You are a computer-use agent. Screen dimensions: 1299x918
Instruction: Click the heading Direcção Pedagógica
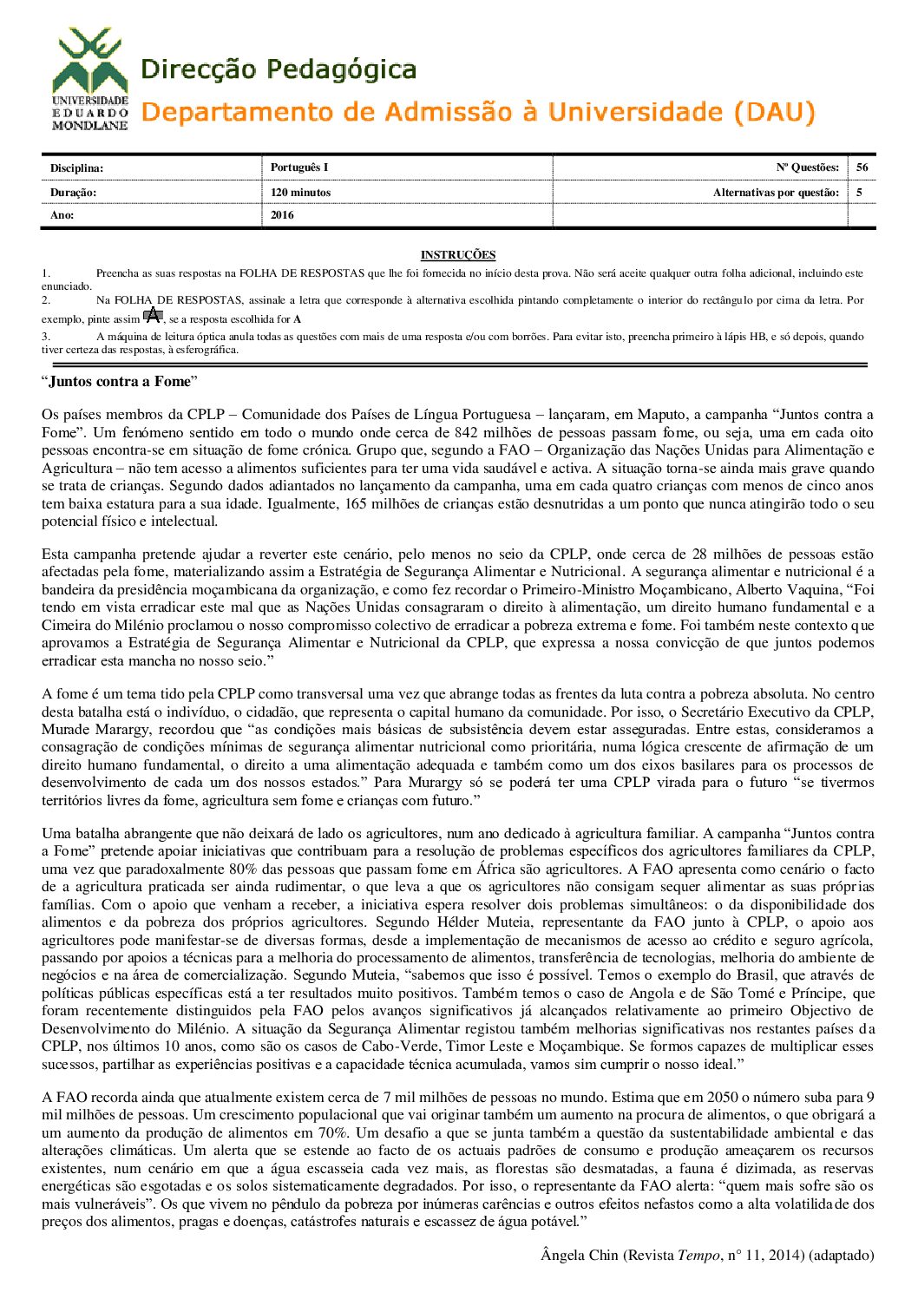[278, 69]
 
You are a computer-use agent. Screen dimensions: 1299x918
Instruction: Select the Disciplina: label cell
[77, 167]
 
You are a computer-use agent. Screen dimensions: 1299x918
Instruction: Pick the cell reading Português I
[299, 167]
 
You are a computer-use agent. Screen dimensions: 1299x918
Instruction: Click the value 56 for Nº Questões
[862, 167]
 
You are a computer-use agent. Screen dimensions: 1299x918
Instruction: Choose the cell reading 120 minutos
[300, 193]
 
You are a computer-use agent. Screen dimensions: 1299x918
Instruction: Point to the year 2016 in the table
[282, 215]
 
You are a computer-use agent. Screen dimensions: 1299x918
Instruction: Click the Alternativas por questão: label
[776, 193]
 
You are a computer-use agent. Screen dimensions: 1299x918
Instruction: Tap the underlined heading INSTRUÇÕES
[458, 255]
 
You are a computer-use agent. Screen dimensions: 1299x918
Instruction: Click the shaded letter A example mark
[153, 316]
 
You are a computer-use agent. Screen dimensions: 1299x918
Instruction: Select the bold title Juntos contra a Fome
[119, 382]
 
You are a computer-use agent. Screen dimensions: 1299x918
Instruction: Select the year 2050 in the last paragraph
[722, 1098]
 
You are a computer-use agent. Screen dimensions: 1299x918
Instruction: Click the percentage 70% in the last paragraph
[332, 1133]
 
